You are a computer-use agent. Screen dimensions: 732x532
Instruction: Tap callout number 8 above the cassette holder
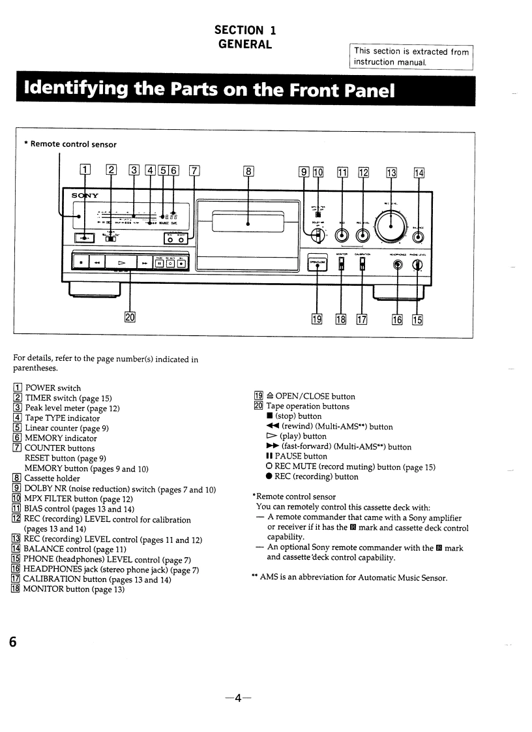[x=248, y=172]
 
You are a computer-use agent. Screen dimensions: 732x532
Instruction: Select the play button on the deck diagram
[x=121, y=263]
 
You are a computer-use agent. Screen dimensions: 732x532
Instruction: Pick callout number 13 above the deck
[x=392, y=172]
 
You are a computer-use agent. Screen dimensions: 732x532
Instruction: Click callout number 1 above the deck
[x=83, y=172]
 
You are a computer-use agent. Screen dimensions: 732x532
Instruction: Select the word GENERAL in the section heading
[x=244, y=44]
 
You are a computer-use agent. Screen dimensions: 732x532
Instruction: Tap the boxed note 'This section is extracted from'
[x=411, y=52]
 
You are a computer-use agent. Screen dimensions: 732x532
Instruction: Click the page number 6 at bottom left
[x=12, y=641]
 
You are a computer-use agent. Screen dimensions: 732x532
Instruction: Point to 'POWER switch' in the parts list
[x=53, y=388]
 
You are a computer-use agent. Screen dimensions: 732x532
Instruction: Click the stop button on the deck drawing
[x=80, y=263]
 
